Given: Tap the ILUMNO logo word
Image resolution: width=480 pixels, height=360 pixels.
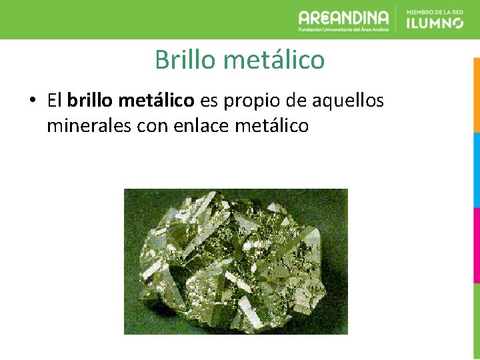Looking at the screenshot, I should click(435, 23).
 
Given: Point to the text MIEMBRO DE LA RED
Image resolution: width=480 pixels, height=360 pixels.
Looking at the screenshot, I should click(435, 11).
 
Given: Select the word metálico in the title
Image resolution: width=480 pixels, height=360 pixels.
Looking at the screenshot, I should click(274, 60).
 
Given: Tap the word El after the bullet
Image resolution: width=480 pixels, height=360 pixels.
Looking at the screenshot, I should click(54, 101).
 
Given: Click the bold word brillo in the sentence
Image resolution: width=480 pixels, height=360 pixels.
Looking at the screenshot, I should click(91, 101).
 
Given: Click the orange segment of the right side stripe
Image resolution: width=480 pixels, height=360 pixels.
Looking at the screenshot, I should click(476, 93).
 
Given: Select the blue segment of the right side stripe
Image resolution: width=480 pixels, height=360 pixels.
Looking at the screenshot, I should click(476, 170).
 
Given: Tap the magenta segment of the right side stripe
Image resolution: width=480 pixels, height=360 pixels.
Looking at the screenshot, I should click(476, 245).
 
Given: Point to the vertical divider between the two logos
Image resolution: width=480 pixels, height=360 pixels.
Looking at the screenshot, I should click(397, 19).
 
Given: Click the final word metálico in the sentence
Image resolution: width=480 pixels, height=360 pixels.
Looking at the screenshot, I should click(272, 125).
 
